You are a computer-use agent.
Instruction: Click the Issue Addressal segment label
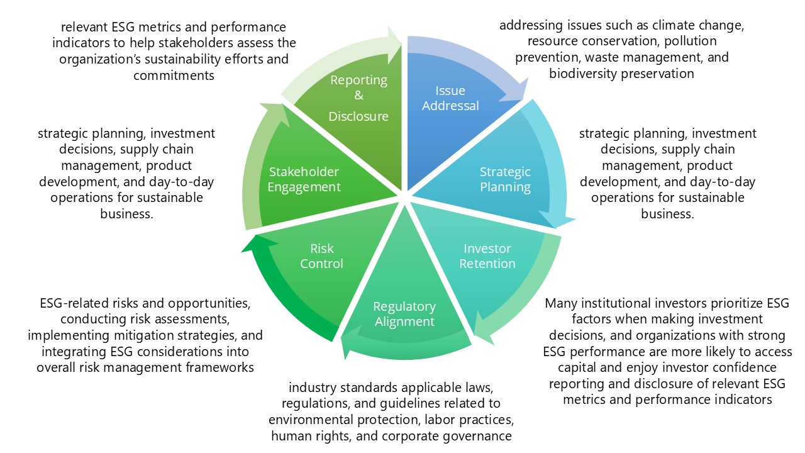[450, 98]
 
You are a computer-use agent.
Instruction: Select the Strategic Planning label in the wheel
[505, 179]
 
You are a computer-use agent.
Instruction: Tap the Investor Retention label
[487, 256]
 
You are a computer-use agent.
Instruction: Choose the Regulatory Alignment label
[404, 314]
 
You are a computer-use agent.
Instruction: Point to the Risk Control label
[321, 256]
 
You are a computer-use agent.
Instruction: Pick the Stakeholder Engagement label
[304, 179]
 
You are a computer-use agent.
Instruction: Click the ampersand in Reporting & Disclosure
[358, 96]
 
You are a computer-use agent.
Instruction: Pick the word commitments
[174, 75]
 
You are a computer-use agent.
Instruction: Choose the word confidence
[743, 367]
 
